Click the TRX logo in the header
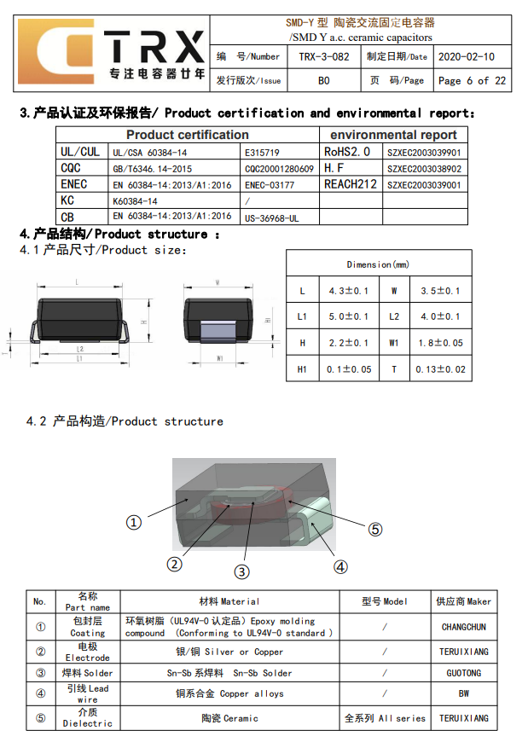tap(112, 53)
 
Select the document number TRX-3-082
tap(324, 57)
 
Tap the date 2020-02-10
tap(467, 57)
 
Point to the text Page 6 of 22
tap(472, 81)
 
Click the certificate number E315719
tap(262, 153)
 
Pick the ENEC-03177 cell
tap(270, 185)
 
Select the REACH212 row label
tap(351, 184)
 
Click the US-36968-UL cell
tap(271, 218)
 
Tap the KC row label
tap(67, 200)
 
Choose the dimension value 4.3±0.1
tap(349, 291)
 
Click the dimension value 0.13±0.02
tap(441, 369)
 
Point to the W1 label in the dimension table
tap(394, 343)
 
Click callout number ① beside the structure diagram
tap(134, 522)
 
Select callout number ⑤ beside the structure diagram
tap(375, 529)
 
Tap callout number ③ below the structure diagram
tap(241, 571)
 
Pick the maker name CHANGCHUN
tap(464, 627)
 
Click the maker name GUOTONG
tap(464, 673)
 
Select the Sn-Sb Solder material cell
tap(229, 673)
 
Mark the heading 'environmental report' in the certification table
tap(393, 135)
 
